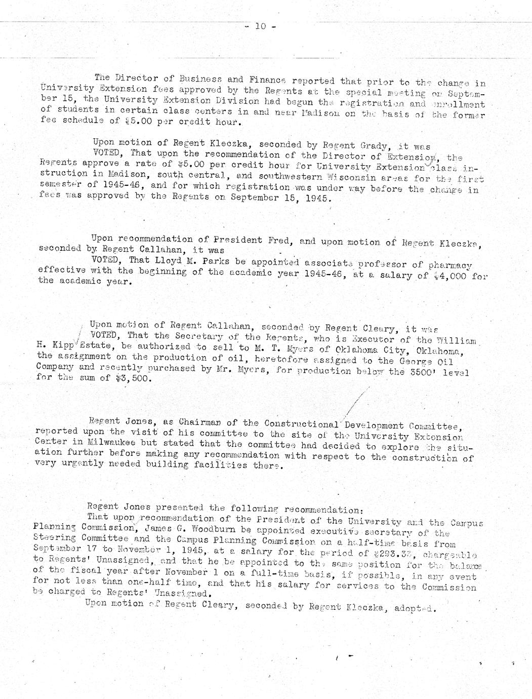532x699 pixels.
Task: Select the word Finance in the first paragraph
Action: pos(268,80)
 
